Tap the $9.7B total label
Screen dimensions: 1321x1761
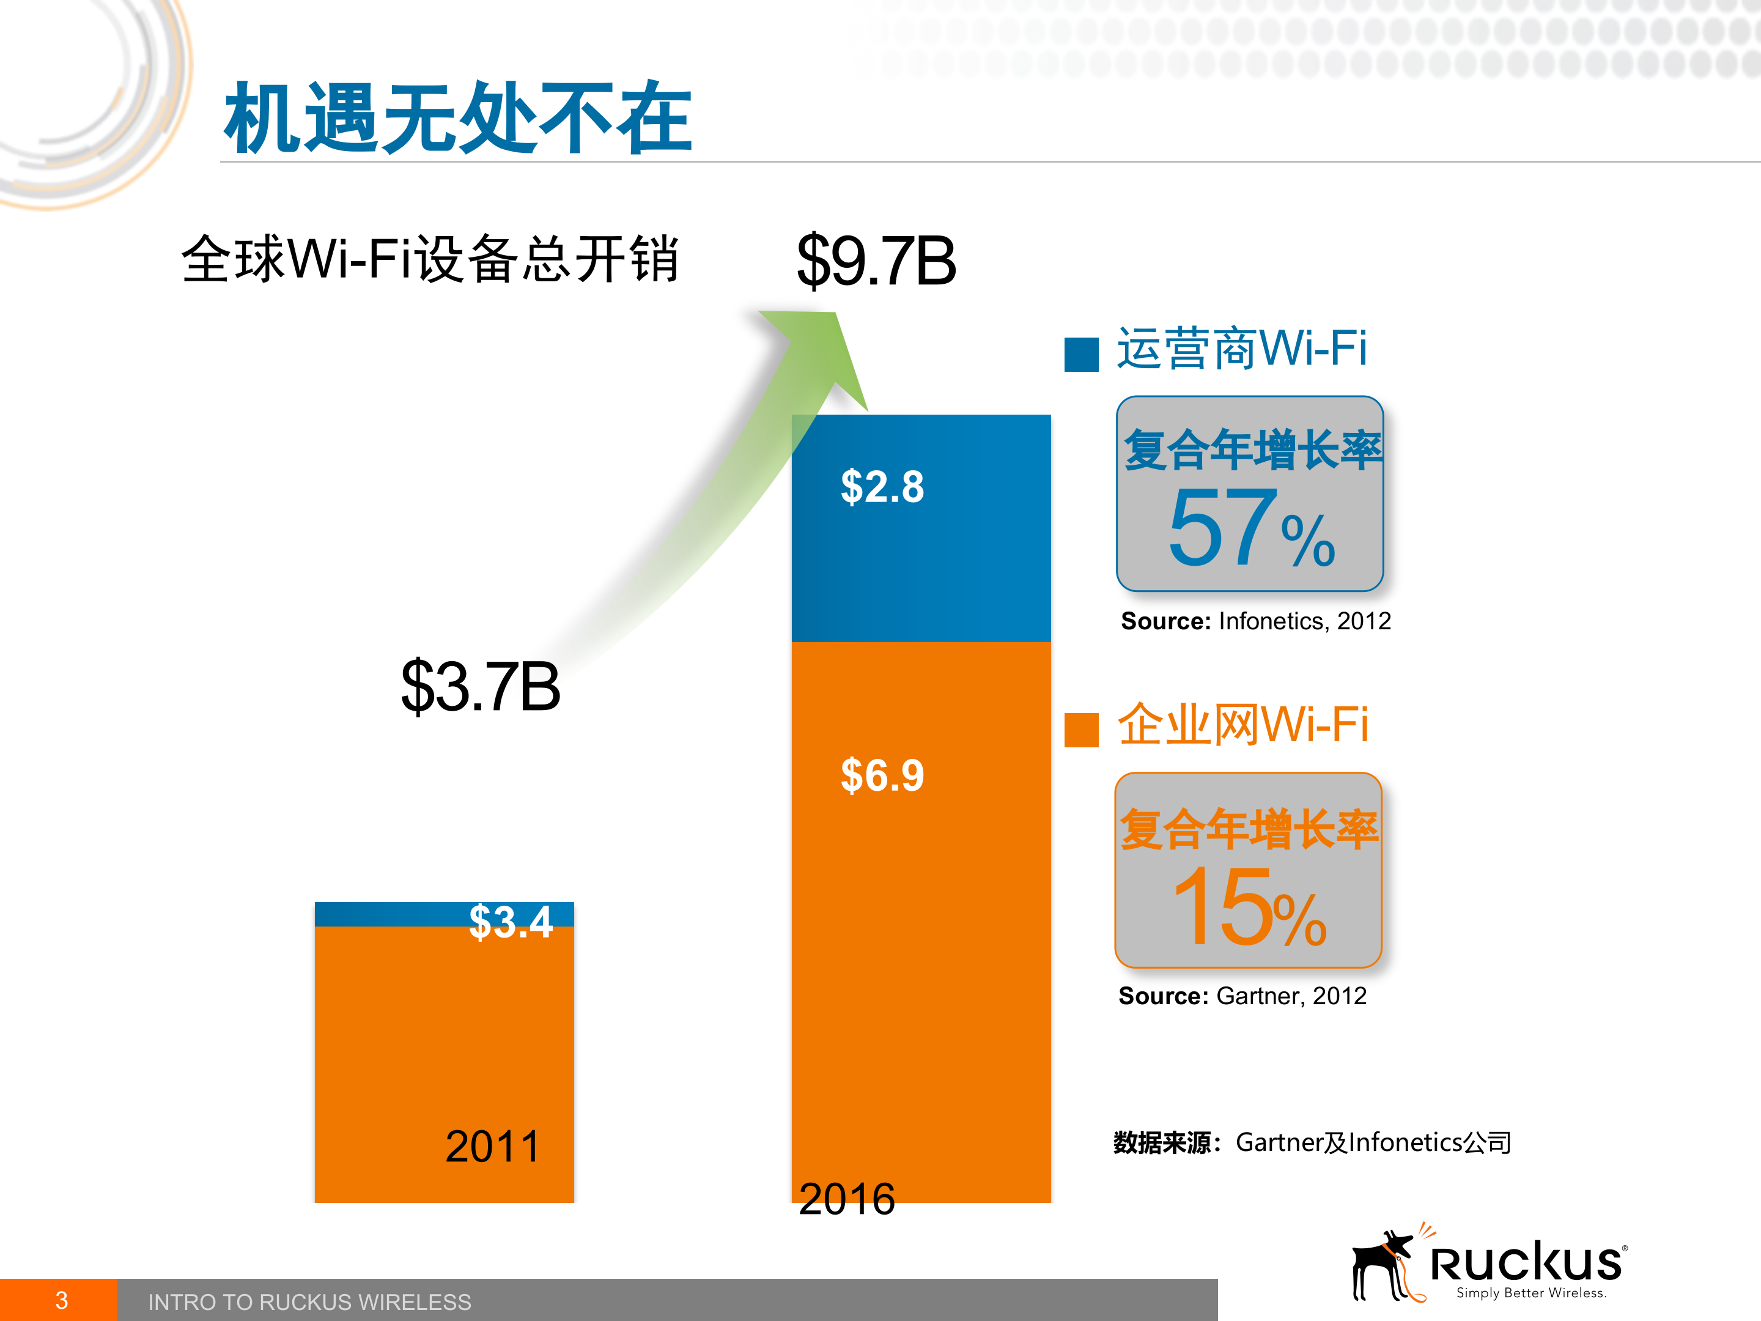click(x=876, y=261)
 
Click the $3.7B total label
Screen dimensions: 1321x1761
click(x=480, y=686)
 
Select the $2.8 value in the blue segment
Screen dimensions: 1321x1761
click(x=882, y=487)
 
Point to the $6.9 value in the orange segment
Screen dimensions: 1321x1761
click(x=882, y=775)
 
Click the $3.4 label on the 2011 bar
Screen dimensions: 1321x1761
click(x=511, y=922)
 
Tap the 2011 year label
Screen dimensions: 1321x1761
click(x=492, y=1147)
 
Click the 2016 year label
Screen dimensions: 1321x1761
click(x=846, y=1198)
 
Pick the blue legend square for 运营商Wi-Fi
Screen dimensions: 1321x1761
click(x=1081, y=354)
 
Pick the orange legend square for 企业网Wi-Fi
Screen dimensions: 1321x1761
click(x=1081, y=730)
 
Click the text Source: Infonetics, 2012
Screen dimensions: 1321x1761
click(x=1255, y=621)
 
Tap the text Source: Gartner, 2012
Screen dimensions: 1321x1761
click(x=1242, y=996)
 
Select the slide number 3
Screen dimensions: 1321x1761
click(x=61, y=1300)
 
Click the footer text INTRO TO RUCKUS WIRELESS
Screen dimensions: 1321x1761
click(x=309, y=1302)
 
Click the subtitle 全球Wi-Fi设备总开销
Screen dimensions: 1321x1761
click(x=430, y=259)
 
